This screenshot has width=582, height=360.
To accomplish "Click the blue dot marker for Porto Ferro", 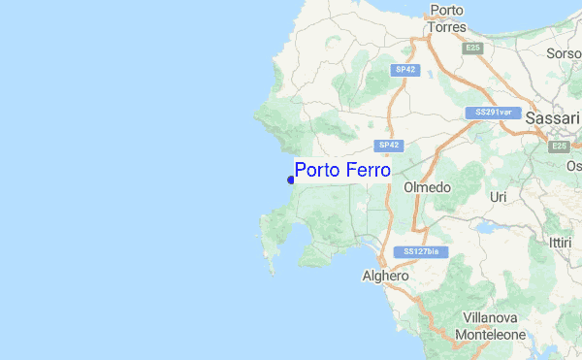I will coord(291,179).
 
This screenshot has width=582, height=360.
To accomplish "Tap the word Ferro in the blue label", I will coord(368,170).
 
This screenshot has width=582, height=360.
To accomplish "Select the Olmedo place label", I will coord(427,187).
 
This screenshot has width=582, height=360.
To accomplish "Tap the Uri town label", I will coord(499,197).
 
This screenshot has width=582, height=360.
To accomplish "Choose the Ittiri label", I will coord(560,242).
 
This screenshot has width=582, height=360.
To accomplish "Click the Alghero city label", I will coord(385,276).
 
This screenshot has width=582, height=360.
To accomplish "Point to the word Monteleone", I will coord(493,334).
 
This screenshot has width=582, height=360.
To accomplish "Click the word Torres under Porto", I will coord(445,27).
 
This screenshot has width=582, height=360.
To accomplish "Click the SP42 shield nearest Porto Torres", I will coord(405,69).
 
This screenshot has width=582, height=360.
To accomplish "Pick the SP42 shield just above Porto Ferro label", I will coord(389,146).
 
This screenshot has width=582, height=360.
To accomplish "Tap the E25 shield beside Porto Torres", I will coord(472,47).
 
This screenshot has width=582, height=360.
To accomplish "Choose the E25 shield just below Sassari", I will coord(558,146).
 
